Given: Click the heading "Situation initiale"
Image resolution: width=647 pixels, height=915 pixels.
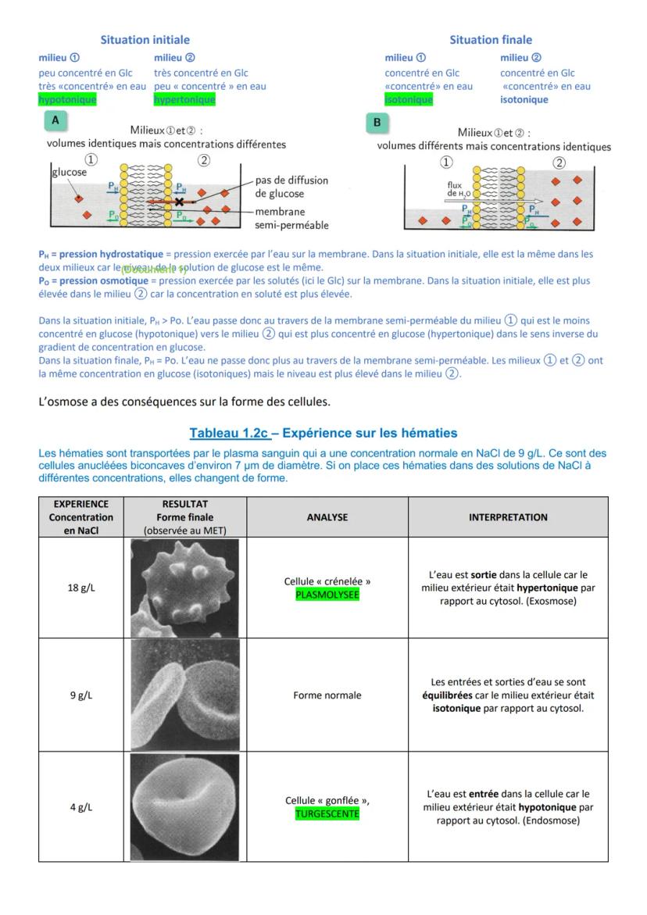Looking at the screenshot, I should tap(145, 40).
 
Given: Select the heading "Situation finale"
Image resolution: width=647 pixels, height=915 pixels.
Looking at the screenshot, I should tap(490, 40).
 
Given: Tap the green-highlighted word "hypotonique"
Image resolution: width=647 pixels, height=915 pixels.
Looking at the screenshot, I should tap(67, 100).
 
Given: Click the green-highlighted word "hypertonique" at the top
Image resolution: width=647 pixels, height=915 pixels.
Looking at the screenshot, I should tap(184, 100).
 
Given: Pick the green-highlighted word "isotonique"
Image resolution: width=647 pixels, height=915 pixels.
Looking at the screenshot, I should tap(409, 100).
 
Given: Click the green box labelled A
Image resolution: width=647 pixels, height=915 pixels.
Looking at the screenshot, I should tap(55, 120).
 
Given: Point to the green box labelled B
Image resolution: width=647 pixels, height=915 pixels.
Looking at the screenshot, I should tap(377, 123).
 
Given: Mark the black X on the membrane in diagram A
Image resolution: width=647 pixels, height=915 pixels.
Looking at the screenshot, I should tap(180, 202).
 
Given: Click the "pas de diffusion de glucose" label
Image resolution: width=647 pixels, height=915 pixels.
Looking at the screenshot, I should tap(291, 187).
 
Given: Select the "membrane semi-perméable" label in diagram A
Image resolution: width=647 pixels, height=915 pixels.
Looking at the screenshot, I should tap(291, 219).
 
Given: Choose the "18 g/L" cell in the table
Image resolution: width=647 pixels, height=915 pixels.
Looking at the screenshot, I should tap(81, 588).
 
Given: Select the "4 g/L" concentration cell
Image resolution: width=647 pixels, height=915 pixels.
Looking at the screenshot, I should tap(81, 807).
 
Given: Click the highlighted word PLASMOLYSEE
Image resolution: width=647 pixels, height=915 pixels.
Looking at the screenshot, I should tap(327, 595).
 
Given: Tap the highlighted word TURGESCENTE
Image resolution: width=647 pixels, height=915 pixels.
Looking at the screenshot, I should tap(327, 813).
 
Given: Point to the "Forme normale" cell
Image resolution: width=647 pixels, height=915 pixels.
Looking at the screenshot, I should tap(327, 695).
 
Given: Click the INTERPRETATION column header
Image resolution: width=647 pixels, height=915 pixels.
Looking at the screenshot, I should tap(508, 517).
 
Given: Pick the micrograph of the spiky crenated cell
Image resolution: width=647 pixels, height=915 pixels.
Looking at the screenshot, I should tap(184, 588).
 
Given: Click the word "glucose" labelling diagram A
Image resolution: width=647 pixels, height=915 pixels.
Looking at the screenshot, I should tap(70, 173).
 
